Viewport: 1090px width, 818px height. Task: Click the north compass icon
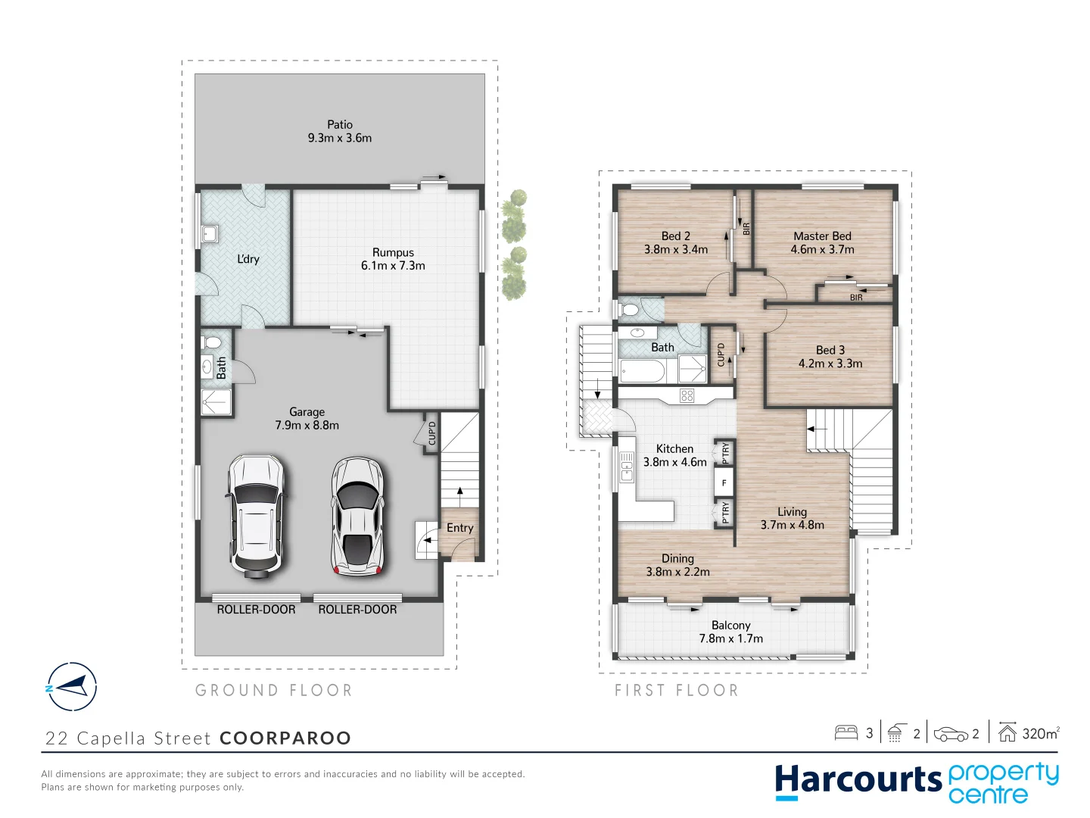[72, 687]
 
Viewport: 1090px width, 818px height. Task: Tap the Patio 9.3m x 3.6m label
[340, 131]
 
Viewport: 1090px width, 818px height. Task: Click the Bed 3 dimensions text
[830, 364]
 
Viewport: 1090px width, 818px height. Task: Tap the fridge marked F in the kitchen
[724, 482]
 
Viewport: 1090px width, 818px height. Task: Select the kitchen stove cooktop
[687, 395]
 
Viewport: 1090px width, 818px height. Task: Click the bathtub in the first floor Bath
[642, 371]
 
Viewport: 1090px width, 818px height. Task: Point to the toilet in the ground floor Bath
[212, 342]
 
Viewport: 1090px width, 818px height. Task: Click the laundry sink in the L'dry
[209, 233]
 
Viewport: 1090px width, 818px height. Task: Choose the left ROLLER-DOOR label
[256, 610]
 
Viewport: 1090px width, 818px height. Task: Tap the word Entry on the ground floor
[459, 528]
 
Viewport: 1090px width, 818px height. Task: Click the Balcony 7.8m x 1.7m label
[730, 632]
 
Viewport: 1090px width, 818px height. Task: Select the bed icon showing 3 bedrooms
[846, 732]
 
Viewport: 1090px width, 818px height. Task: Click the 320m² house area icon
[1007, 732]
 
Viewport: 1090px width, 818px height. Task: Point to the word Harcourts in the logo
[858, 780]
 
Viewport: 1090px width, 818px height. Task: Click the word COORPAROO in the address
[285, 738]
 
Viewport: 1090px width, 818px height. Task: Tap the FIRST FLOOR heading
[676, 690]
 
